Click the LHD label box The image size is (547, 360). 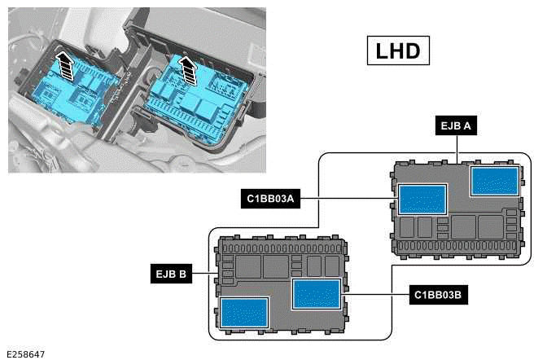(x=398, y=50)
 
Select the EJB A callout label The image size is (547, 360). (x=455, y=126)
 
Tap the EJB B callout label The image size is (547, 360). (x=171, y=275)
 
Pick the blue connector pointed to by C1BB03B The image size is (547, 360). (x=316, y=293)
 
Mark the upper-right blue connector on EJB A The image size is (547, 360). (x=495, y=180)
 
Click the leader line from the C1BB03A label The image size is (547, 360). (x=348, y=198)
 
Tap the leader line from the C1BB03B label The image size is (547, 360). (x=375, y=294)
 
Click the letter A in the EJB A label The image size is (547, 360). (x=469, y=126)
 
